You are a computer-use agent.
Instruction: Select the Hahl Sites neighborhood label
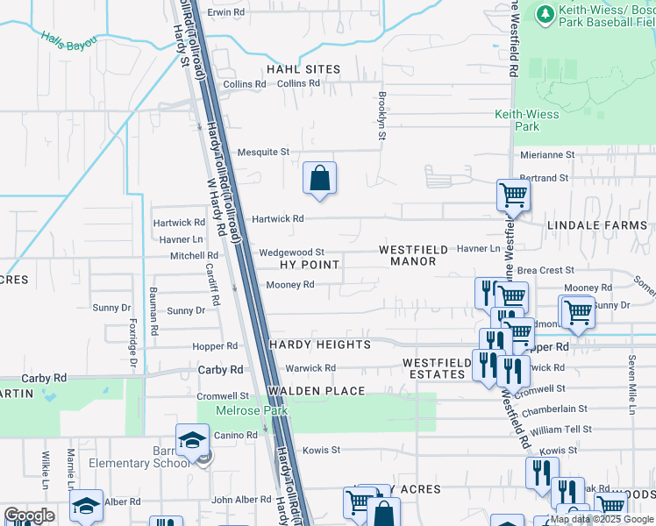click(x=304, y=69)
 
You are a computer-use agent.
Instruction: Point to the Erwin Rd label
click(x=225, y=12)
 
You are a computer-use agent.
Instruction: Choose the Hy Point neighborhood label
click(x=308, y=264)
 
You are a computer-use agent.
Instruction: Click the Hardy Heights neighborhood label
click(x=319, y=345)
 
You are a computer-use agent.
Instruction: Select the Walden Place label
click(x=316, y=390)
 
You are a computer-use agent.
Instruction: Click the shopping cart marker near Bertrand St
click(x=512, y=195)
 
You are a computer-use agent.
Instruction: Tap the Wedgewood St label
click(x=291, y=252)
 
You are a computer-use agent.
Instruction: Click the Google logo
click(x=29, y=515)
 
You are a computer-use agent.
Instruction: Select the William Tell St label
click(x=561, y=430)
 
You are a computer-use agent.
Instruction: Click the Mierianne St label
click(x=546, y=154)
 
